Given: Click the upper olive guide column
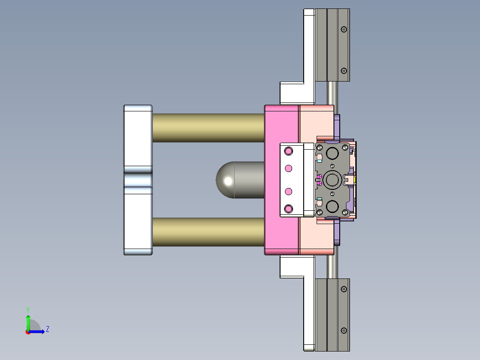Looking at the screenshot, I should click(x=208, y=128).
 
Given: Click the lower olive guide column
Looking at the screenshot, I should click(x=208, y=232).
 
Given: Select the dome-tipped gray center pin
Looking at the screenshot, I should click(x=236, y=180).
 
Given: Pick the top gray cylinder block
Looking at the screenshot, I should click(x=332, y=45).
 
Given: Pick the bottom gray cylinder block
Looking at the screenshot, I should click(x=332, y=314).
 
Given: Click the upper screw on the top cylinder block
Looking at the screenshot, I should click(x=343, y=29).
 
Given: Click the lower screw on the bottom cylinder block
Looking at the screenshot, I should click(x=343, y=331).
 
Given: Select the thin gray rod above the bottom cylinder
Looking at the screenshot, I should click(x=332, y=266).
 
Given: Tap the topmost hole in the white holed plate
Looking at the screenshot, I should click(x=289, y=151).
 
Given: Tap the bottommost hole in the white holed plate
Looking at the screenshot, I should click(x=289, y=209).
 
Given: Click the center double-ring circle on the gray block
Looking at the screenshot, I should click(x=332, y=180).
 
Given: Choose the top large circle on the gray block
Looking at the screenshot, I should click(x=332, y=154).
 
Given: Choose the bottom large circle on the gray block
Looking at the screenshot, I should click(x=332, y=206).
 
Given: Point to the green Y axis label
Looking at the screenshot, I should click(x=28, y=309).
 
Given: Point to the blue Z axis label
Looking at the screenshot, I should click(x=47, y=329).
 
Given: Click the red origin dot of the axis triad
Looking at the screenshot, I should click(x=28, y=331).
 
